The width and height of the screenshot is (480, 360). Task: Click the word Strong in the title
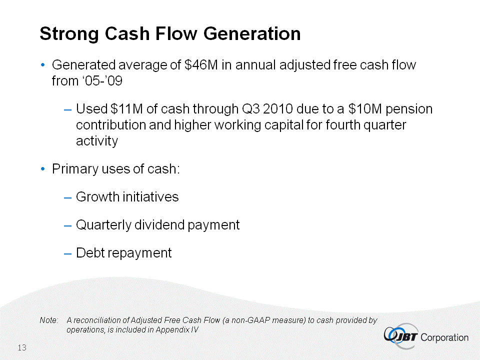tap(69, 34)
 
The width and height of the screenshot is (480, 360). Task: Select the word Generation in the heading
tap(252, 33)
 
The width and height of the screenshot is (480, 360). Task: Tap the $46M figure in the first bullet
tap(201, 65)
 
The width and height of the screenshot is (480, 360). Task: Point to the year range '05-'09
tap(101, 81)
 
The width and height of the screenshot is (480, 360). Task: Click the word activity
tap(97, 141)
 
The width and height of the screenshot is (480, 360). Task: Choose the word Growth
tap(97, 197)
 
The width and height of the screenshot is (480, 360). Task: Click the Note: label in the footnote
tap(49, 320)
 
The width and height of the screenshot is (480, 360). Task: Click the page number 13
tap(22, 348)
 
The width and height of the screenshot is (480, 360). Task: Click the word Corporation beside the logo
tap(444, 337)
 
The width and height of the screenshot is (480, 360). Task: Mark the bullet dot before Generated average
tap(43, 65)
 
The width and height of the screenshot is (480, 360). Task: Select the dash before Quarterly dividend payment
tap(67, 226)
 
